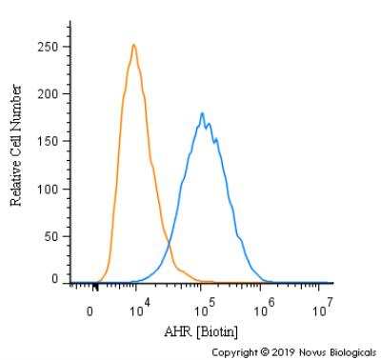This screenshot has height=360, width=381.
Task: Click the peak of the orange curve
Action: pos(133,45)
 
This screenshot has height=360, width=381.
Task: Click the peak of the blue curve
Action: pos(202,113)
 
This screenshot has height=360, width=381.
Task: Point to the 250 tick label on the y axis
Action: pos(49,47)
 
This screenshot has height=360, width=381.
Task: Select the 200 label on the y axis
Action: pos(49,93)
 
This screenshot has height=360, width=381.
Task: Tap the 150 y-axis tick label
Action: pos(49,141)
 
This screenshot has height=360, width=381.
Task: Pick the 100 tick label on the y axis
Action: pos(49,188)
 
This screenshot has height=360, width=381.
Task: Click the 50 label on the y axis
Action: pos(52,234)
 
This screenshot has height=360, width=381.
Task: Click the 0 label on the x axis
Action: pos(90,310)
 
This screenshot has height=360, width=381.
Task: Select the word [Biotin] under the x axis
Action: pos(218,331)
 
